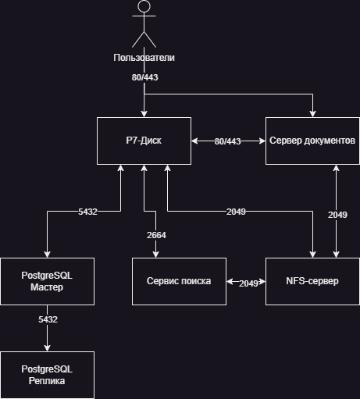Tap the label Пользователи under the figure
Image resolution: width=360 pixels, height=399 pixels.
144,58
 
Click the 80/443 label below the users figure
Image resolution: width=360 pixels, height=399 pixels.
144,77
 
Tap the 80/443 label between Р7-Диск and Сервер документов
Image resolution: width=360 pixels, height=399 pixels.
227,141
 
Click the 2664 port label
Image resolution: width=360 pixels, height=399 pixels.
156,235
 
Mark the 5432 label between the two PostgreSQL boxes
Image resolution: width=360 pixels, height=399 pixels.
48,319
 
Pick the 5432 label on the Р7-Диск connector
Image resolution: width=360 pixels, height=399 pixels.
87,212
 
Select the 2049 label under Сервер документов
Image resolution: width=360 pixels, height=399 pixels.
337,215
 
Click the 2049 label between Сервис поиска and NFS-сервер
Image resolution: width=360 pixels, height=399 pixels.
248,283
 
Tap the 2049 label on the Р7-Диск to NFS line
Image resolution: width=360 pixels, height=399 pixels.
236,212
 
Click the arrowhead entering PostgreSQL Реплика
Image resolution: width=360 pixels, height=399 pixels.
47,348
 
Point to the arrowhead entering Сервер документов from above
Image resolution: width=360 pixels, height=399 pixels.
312,114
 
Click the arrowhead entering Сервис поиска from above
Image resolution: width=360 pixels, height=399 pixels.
155,255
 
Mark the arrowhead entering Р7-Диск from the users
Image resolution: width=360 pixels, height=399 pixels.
144,114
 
